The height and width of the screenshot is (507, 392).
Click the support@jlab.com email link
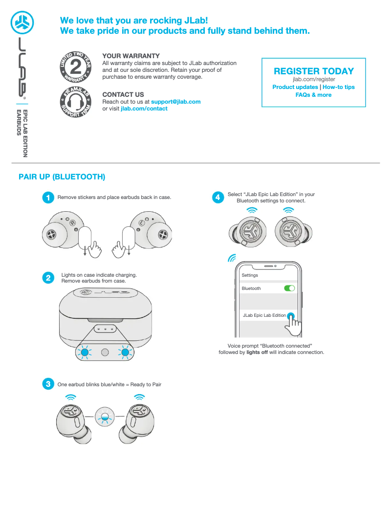pos(175,102)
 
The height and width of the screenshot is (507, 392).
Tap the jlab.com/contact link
pos(144,109)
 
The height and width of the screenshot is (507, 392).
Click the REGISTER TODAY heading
pos(314,71)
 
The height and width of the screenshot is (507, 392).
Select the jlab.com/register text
pos(314,79)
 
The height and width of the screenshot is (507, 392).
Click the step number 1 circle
pos(48,198)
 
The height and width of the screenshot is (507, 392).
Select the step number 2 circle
pos(48,278)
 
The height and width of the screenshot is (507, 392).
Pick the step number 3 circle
pos(48,384)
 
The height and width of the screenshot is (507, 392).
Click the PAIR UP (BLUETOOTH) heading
pos(62,177)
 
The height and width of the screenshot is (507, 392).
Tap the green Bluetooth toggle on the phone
pos(289,288)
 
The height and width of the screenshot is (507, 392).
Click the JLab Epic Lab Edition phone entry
pos(264,315)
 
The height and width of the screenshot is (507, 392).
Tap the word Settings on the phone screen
pos(250,275)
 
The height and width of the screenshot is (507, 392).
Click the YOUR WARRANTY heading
pos(131,56)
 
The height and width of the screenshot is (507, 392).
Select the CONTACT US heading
pos(123,94)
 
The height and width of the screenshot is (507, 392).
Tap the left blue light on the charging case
pos(85,352)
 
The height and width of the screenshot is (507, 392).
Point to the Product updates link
pos(295,87)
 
